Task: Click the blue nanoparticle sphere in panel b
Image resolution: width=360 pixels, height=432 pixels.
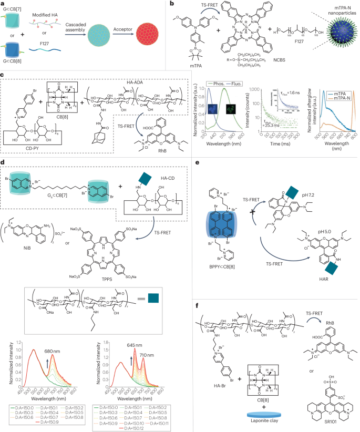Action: [330, 41]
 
